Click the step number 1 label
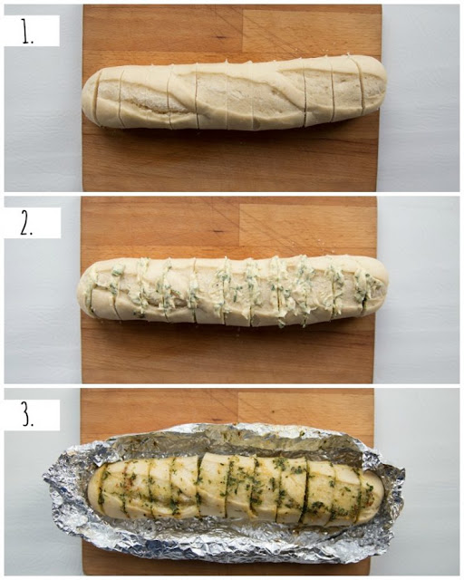(27, 34)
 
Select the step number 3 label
(27, 416)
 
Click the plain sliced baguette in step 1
(235, 92)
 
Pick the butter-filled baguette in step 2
(233, 292)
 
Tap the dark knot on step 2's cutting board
(218, 231)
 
